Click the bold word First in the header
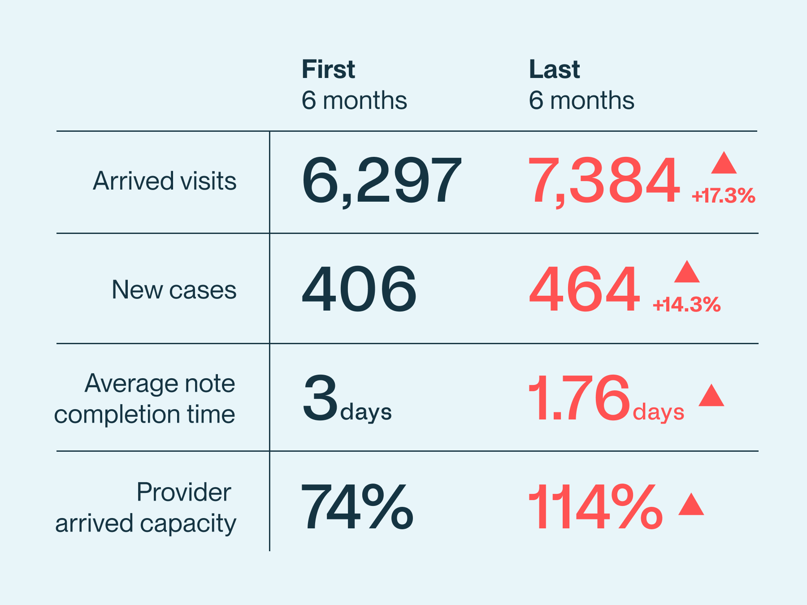click(328, 69)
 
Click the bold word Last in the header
click(554, 69)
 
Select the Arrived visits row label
click(165, 181)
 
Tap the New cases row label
click(174, 290)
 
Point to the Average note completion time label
click(144, 398)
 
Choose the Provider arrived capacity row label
click(145, 508)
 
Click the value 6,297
click(381, 181)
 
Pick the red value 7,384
click(604, 181)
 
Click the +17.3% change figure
click(723, 196)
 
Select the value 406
click(359, 289)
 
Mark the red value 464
click(584, 289)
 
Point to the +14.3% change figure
click(686, 305)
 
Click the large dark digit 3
click(320, 398)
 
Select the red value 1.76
click(579, 398)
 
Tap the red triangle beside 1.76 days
click(711, 396)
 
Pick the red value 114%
click(595, 507)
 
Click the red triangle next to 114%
click(691, 505)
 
